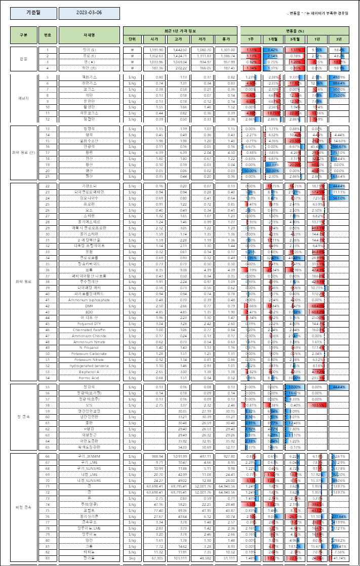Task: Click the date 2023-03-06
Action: pyautogui.click(x=89, y=13)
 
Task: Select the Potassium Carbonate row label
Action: pyautogui.click(x=89, y=353)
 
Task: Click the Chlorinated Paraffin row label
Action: pyautogui.click(x=89, y=330)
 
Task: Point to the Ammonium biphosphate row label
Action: pyautogui.click(x=89, y=300)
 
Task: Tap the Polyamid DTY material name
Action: pyautogui.click(x=89, y=324)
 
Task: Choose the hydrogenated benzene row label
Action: pyautogui.click(x=89, y=365)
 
